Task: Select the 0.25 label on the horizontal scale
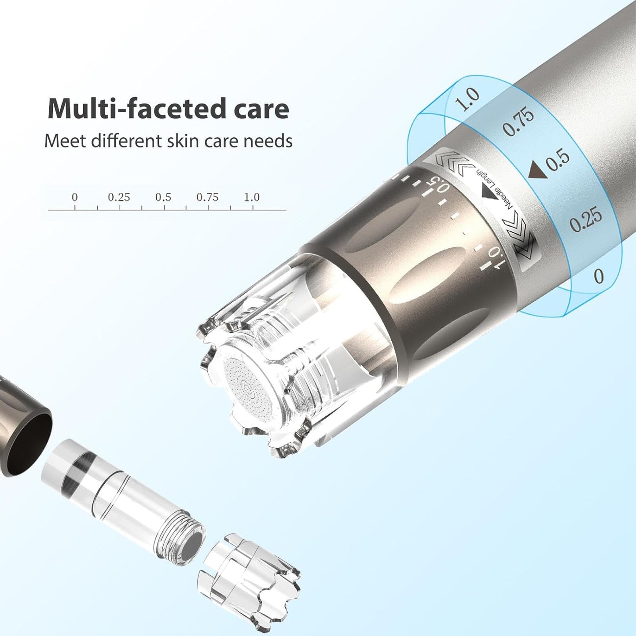pyautogui.click(x=119, y=197)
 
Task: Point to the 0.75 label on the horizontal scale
pyautogui.click(x=207, y=197)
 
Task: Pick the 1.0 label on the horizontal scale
pyautogui.click(x=252, y=197)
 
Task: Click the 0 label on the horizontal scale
pyautogui.click(x=74, y=197)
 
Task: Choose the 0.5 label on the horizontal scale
pyautogui.click(x=163, y=197)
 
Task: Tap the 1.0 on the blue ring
pyautogui.click(x=467, y=99)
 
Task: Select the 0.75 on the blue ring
pyautogui.click(x=518, y=121)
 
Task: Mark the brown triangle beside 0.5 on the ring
pyautogui.click(x=537, y=169)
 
